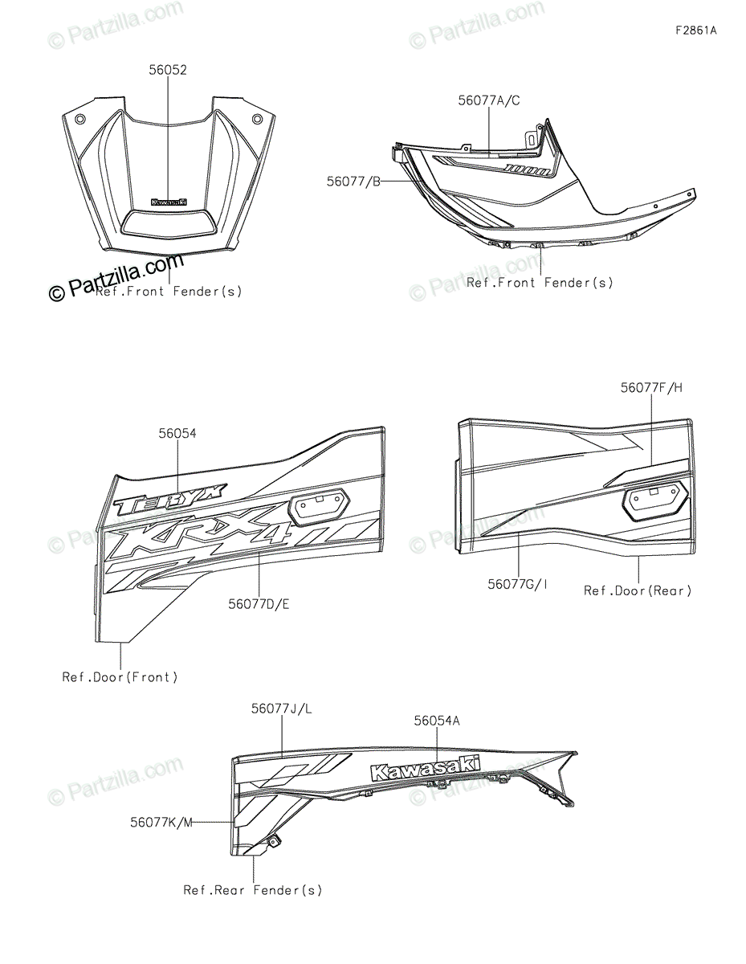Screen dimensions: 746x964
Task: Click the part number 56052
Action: [x=167, y=71]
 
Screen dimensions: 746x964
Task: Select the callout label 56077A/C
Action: [x=489, y=100]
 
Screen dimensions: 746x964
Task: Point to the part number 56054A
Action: [x=437, y=721]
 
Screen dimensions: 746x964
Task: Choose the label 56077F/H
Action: [x=651, y=387]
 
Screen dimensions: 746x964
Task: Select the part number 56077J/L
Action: [x=281, y=709]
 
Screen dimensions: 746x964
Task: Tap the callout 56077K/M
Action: [x=161, y=822]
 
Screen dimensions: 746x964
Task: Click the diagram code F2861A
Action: [x=695, y=31]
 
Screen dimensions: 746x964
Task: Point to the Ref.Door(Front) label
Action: [x=120, y=677]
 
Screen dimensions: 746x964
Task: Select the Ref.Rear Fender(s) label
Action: [x=252, y=890]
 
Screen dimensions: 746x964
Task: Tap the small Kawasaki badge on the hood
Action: [x=169, y=202]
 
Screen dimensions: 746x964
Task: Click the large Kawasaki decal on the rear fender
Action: [x=425, y=769]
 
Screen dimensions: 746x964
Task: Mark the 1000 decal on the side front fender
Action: [x=528, y=170]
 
